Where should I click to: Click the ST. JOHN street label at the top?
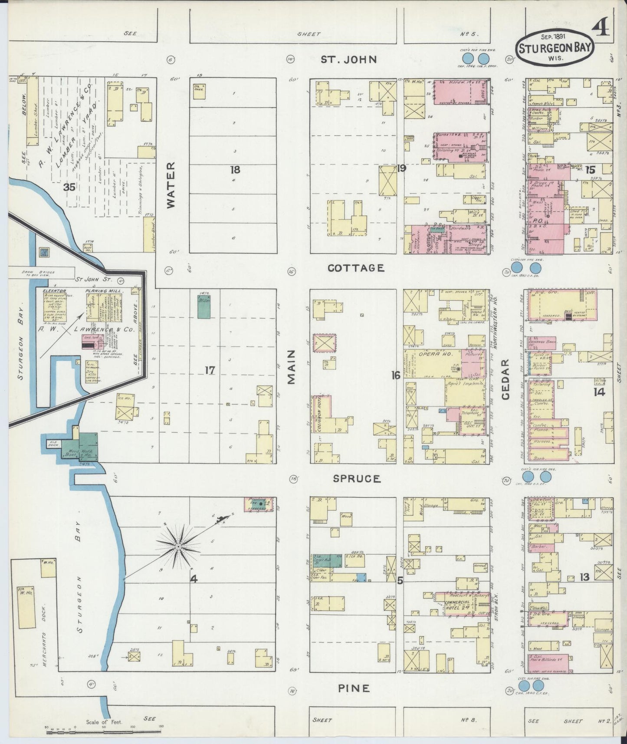pyautogui.click(x=349, y=59)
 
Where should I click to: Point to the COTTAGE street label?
pyautogui.click(x=356, y=268)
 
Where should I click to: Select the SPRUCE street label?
pyautogui.click(x=357, y=479)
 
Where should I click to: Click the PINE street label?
pyautogui.click(x=355, y=688)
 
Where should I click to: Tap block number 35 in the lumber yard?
pyautogui.click(x=69, y=187)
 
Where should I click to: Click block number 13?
pyautogui.click(x=584, y=577)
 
